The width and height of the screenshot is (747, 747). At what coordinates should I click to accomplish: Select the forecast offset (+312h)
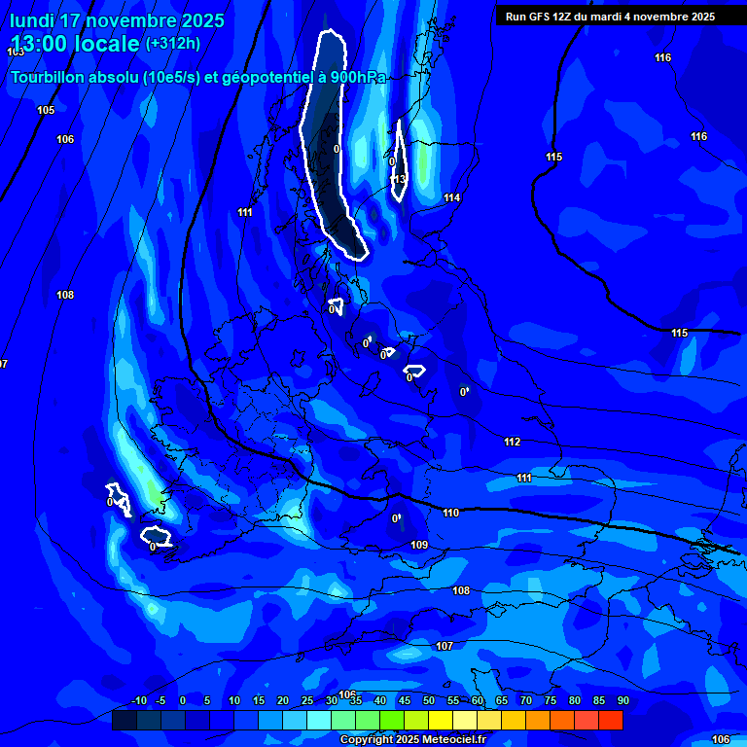173,44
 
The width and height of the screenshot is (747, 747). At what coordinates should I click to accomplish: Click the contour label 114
451,198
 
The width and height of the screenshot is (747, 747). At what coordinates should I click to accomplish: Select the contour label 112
513,443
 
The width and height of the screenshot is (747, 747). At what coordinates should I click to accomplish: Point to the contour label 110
450,514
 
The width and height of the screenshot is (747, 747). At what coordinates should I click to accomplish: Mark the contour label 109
419,545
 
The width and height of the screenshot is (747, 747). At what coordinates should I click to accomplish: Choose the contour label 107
445,647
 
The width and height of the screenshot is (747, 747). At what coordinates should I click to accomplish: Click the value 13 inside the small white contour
399,179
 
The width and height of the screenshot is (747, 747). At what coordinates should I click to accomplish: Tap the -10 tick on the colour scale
138,701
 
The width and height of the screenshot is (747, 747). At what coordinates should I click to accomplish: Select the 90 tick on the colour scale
622,701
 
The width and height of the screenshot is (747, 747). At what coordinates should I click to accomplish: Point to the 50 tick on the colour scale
429,701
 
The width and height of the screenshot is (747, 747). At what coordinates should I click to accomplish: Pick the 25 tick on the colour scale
307,701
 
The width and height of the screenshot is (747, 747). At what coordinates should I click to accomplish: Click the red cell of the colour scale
611,721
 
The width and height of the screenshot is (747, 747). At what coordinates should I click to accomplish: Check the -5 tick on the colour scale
161,701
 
